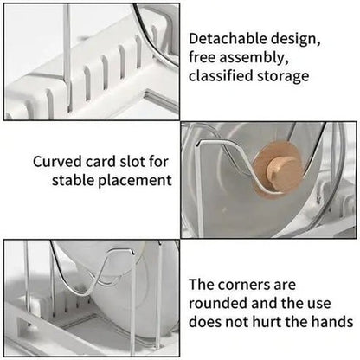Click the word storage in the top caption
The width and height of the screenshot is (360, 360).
(x=284, y=76)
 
